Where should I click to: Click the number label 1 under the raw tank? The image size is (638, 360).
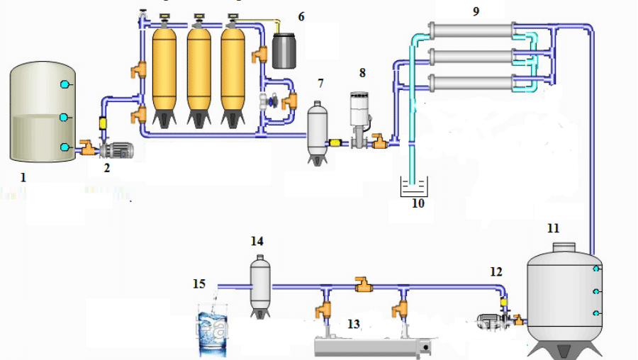(23, 178)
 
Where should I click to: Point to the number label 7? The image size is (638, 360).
(320, 84)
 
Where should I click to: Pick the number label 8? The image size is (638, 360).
(362, 72)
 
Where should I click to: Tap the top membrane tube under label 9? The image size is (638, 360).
(471, 30)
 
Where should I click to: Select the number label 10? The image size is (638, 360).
(418, 203)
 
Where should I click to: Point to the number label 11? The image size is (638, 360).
(553, 228)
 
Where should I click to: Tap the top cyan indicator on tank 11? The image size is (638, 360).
(597, 269)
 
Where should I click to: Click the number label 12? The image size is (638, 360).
(496, 272)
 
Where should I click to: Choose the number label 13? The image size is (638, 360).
(354, 324)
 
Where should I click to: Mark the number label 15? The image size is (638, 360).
(199, 284)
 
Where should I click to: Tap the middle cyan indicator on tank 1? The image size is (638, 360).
(65, 116)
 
